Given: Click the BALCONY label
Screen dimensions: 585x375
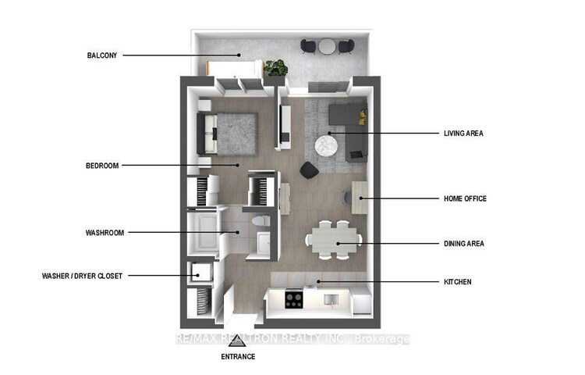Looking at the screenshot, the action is coord(102,55).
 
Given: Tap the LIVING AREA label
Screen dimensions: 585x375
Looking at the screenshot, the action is coord(463,134).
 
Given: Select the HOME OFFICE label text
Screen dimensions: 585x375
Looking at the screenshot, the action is coord(465,198).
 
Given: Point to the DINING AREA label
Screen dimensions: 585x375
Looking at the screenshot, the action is coord(464,244).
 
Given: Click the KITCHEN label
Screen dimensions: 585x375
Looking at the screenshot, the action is coord(457,282).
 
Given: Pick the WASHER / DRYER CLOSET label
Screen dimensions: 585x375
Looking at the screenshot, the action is coord(82,276).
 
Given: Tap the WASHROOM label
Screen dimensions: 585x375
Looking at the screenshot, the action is coord(105,233).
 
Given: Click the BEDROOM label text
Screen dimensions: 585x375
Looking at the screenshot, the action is coord(102,166).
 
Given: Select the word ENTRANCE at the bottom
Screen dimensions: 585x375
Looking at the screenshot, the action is coord(238,357).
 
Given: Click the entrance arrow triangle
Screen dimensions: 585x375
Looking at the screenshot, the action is coord(238,341).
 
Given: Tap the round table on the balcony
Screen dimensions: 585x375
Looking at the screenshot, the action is coord(327,46).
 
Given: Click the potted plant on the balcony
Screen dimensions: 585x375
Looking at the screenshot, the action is coord(275,68).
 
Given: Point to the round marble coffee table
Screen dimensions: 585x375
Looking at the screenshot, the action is coord(327,145).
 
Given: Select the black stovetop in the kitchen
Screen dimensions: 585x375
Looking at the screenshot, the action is coord(294,299).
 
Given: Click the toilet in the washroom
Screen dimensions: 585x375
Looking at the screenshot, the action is coord(261,220).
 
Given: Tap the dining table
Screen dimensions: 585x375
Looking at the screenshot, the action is coord(334,240).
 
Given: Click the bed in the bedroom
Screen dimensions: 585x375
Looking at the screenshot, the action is coord(228,134).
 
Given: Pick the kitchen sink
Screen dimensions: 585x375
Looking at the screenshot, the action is coord(331,299).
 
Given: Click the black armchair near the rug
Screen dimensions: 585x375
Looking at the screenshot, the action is coord(310,170).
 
